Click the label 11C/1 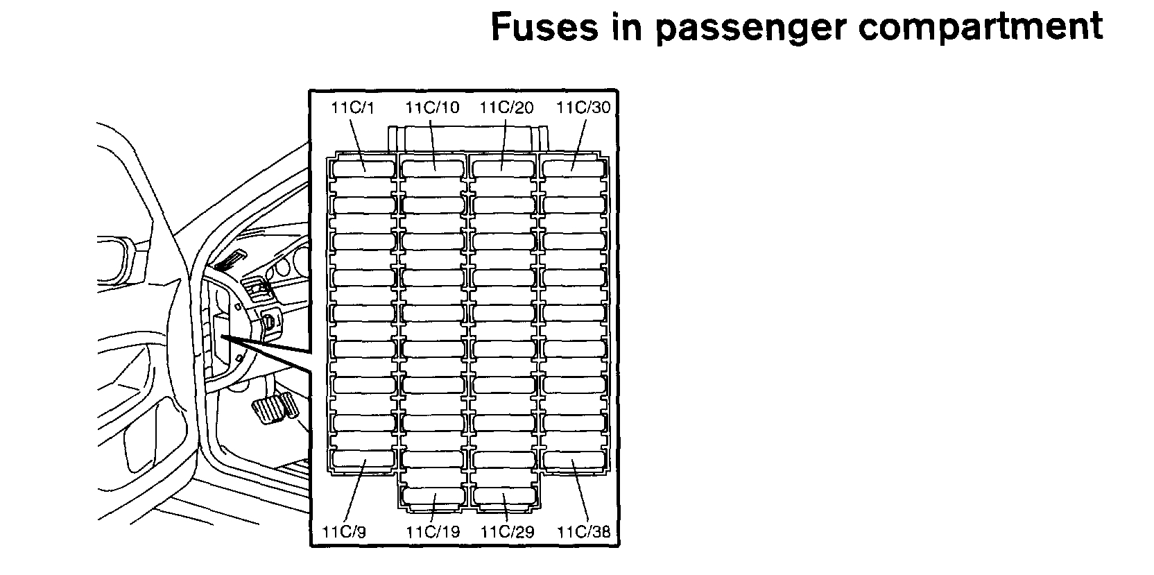tap(352, 108)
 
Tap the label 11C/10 tap(431, 108)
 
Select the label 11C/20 tap(506, 108)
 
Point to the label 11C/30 tap(584, 108)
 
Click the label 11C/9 tap(345, 532)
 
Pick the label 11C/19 tap(432, 532)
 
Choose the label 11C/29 tap(506, 532)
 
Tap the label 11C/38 tap(584, 532)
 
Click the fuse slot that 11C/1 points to tap(364, 168)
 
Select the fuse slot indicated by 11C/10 tap(433, 168)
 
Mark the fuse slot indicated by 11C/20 tap(504, 168)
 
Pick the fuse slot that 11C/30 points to tap(574, 168)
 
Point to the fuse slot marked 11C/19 tap(433, 497)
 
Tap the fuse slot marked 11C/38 tap(574, 459)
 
